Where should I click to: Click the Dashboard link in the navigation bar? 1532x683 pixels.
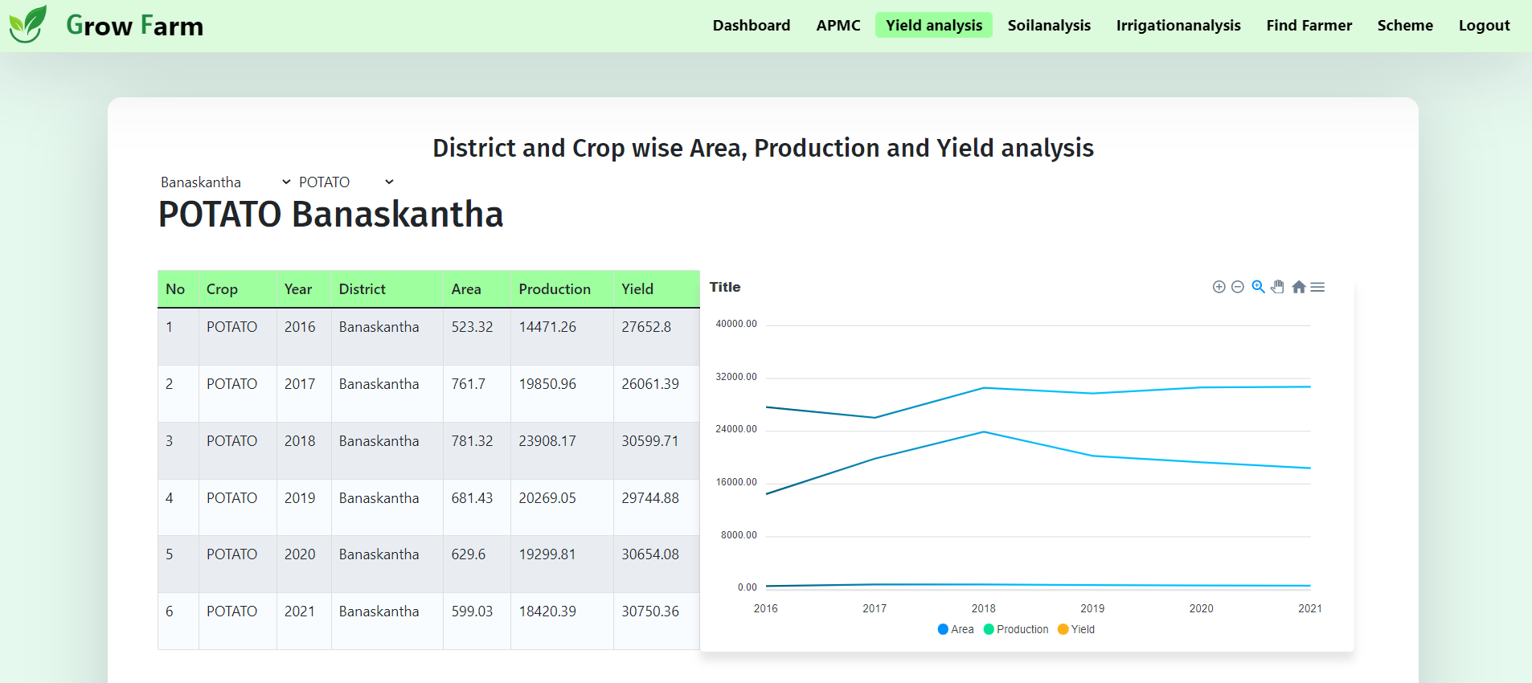751,26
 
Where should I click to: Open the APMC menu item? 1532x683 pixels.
838,26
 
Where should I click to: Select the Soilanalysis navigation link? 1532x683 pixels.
1048,26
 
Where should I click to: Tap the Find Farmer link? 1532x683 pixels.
1309,26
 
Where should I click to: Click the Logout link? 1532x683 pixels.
1484,26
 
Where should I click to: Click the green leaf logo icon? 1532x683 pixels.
28,24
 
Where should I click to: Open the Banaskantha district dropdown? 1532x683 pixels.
225,182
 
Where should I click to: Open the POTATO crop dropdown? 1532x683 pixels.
346,182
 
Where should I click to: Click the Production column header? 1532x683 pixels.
555,289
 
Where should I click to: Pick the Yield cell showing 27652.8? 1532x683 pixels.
645,327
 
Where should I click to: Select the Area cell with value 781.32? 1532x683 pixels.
472,441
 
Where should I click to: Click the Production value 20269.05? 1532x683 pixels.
547,498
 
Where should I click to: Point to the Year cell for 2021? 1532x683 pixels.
300,611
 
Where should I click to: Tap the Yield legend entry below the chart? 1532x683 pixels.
1076,629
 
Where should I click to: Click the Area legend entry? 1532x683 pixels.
956,629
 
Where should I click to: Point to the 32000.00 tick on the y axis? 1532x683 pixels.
736,377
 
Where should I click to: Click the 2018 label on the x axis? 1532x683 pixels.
983,608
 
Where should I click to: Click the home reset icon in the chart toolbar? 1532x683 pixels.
1298,287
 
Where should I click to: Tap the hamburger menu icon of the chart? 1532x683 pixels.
1317,287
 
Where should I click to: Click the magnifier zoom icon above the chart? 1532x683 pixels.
1258,287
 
